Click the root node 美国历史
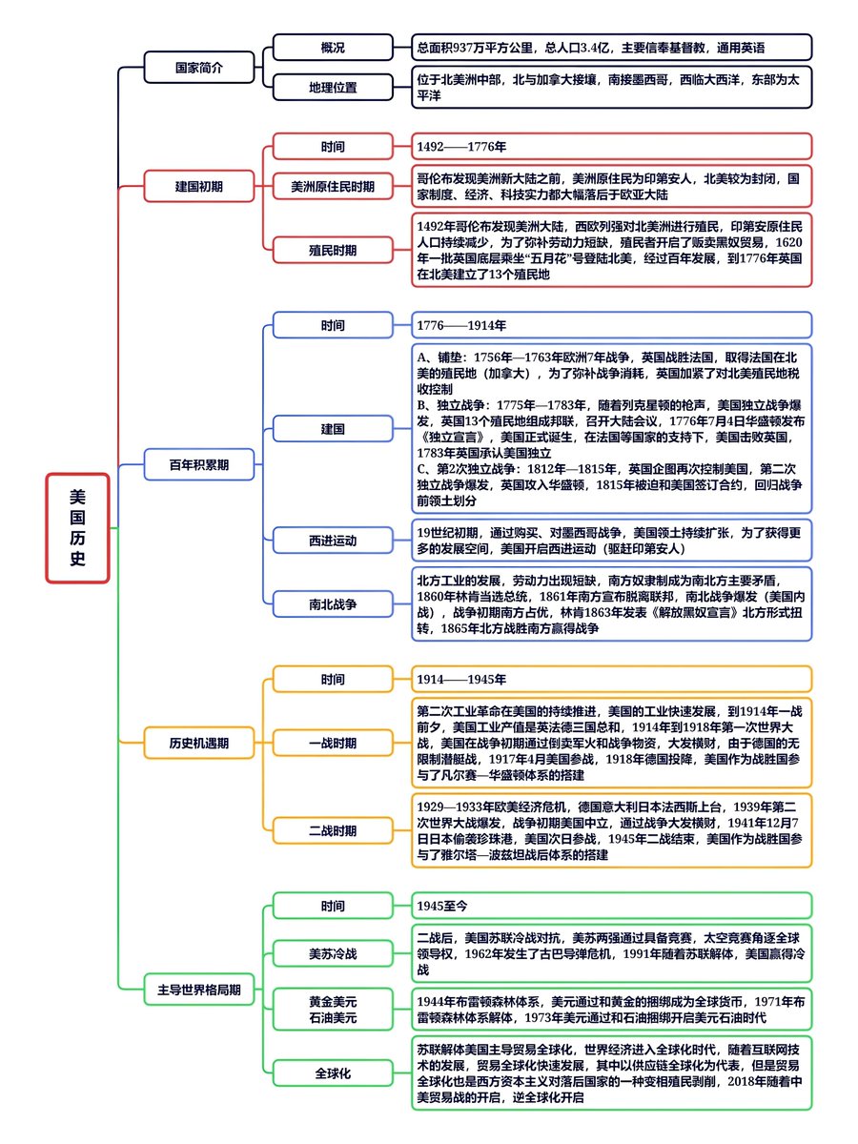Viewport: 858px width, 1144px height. coord(78,527)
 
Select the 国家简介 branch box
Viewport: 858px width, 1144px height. coord(199,69)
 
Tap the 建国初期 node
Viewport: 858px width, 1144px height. coord(199,186)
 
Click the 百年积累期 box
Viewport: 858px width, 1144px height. coord(199,465)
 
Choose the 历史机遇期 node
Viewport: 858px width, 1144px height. coord(199,741)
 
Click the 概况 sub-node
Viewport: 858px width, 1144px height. coord(333,47)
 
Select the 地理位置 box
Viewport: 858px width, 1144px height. coord(333,87)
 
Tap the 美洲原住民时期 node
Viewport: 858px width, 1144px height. coord(333,186)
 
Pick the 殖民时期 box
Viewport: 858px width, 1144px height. coord(333,250)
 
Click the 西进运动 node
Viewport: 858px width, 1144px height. coord(333,541)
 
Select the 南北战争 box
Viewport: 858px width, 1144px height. coord(333,604)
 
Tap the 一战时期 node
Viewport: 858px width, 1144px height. coord(333,743)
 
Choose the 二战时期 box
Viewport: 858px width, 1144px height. coord(333,830)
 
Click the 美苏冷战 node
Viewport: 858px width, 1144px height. coord(333,952)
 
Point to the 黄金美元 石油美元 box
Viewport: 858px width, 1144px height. coord(333,1010)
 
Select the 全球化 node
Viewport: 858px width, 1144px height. coord(333,1072)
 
